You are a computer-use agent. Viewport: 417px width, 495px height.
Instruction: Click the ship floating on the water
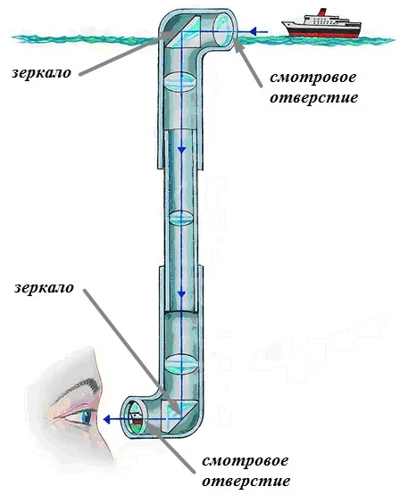[321, 25]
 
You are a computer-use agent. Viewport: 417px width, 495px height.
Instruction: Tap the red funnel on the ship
[321, 12]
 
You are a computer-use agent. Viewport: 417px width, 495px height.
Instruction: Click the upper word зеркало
[41, 73]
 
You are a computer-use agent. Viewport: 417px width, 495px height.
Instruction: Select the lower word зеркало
[44, 288]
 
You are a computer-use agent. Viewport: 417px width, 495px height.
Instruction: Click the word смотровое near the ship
[313, 78]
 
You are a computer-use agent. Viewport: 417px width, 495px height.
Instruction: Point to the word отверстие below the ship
[314, 97]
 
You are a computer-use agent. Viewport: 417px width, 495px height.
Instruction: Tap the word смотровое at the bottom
[245, 461]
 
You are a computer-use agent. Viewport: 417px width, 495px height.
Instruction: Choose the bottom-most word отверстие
[246, 482]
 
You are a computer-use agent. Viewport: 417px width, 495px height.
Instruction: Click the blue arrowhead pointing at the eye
[107, 419]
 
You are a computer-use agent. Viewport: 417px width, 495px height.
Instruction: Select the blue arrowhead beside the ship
[253, 31]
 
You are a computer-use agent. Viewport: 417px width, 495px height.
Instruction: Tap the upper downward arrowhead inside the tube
[181, 150]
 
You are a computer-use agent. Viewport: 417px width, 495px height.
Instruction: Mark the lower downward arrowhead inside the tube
[181, 294]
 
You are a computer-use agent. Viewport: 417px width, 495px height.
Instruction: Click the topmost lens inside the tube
[179, 82]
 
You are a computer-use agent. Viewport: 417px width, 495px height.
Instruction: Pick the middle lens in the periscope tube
[180, 218]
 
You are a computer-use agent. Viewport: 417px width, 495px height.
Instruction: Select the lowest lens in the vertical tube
[181, 364]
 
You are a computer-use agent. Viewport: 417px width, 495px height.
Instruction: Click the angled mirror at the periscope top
[183, 32]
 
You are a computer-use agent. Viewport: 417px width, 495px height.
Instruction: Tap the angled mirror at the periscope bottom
[180, 417]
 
